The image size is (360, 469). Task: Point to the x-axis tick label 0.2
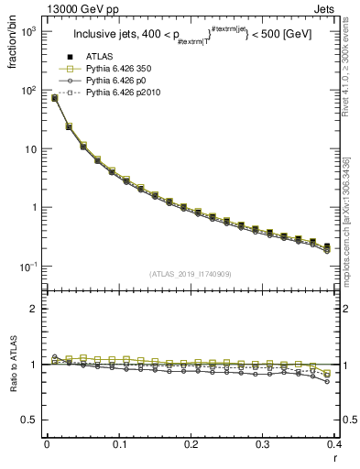click(x=191, y=443)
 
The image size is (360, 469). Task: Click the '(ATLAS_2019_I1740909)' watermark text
click(x=191, y=274)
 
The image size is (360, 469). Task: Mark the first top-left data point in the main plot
click(x=54, y=98)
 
